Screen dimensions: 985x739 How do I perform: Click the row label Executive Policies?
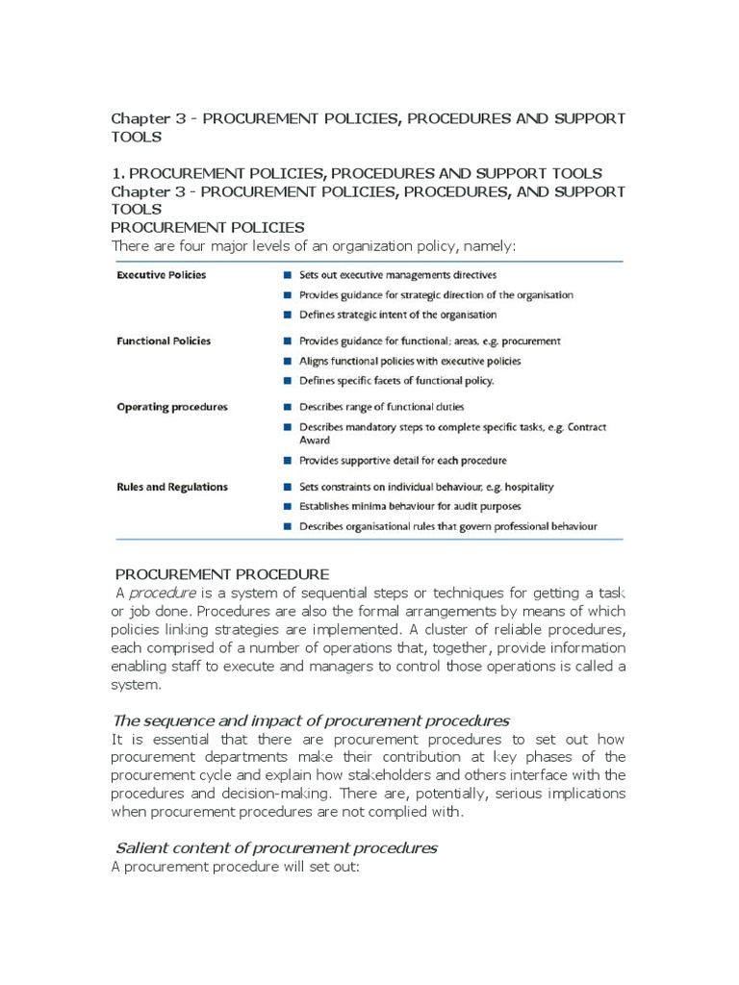coord(161,274)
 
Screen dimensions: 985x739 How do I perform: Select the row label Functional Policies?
coord(164,341)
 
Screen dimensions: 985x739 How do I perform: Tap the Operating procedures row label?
coord(171,407)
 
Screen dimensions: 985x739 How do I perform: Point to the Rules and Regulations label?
coord(171,487)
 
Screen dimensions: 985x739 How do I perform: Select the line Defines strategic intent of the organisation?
coord(397,315)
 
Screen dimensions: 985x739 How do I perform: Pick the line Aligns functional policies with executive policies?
coord(409,361)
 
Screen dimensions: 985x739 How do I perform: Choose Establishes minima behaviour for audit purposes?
coord(409,507)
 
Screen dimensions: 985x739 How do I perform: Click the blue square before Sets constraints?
coord(288,487)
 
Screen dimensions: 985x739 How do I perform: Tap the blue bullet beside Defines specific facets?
coord(288,381)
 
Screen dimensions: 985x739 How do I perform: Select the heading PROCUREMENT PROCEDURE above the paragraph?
coord(222,574)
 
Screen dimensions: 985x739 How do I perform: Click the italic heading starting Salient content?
coord(276,847)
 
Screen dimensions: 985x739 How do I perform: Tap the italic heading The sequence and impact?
coord(311,720)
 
